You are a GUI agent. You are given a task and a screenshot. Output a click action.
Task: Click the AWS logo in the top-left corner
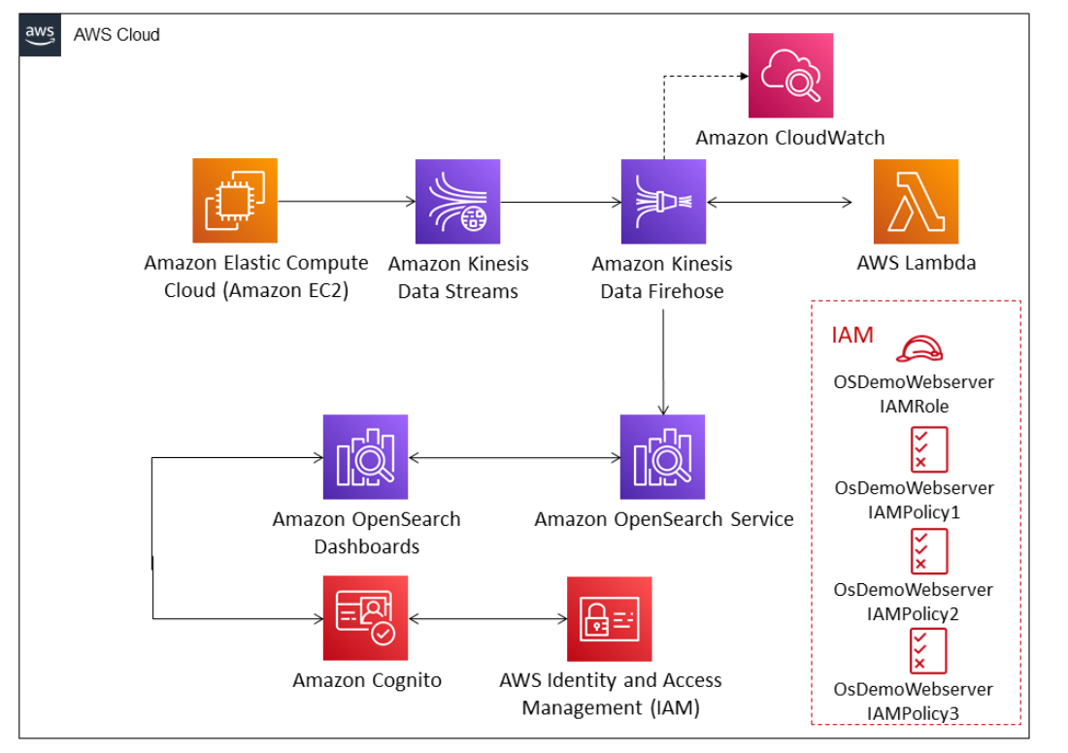40,35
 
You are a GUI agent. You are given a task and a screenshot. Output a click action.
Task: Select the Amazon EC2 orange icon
234,201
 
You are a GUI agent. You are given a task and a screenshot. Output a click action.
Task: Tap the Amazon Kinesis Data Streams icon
457,202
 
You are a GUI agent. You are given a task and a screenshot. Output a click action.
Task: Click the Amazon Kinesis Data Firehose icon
663,202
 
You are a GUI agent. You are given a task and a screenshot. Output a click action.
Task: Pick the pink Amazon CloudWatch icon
790,76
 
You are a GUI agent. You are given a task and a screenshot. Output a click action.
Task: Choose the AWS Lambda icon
915,202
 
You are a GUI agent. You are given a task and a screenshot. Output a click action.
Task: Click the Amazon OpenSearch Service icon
663,457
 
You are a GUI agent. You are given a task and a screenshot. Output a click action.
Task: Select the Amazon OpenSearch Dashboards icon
365,457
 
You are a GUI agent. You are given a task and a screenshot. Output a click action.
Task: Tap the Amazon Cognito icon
365,618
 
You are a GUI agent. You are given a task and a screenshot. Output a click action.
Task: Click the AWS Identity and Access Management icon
609,618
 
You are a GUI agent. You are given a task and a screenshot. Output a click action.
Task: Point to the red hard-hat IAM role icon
918,348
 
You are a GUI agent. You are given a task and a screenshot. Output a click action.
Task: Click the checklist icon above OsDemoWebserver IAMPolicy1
928,449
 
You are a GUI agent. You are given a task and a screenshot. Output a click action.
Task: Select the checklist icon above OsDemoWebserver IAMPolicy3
928,651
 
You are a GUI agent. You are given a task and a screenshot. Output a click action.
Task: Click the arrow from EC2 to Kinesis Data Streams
346,202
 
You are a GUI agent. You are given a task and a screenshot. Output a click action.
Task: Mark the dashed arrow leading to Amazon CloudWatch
699,76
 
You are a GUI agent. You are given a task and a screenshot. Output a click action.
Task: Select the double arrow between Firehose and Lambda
779,202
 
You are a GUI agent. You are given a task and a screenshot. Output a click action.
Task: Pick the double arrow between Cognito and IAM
487,618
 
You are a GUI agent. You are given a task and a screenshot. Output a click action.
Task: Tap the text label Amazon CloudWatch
789,138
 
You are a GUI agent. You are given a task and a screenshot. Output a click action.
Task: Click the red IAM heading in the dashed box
851,336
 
